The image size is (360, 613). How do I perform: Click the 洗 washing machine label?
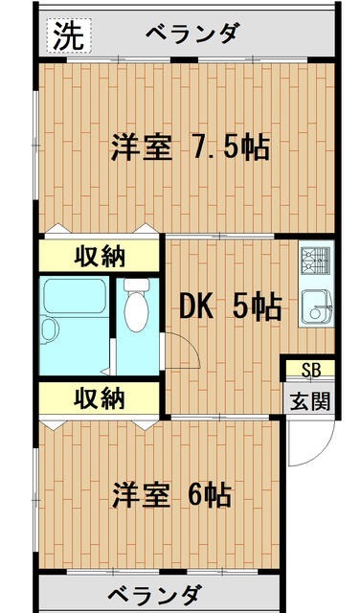tap(67, 35)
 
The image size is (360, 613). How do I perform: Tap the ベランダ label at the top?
tap(191, 34)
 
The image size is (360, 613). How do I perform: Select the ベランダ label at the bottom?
tap(153, 593)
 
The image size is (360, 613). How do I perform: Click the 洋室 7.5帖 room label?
tap(189, 148)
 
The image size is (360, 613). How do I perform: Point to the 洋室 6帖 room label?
tap(170, 495)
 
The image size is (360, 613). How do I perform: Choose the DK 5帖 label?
tap(231, 306)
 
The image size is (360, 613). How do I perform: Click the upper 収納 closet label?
tap(100, 257)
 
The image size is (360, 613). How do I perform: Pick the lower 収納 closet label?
tap(100, 397)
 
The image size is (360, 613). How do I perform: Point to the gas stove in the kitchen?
tap(316, 259)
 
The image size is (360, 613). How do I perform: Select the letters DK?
tap(198, 306)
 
